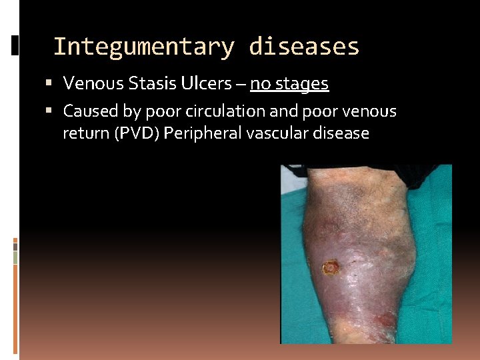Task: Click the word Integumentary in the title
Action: click(143, 47)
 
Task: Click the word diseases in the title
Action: click(304, 47)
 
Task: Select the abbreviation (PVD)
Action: click(137, 133)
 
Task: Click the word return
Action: click(87, 133)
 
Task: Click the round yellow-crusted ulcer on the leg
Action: click(331, 268)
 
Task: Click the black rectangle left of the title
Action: click(15, 45)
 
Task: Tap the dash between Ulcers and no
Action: click(239, 85)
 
